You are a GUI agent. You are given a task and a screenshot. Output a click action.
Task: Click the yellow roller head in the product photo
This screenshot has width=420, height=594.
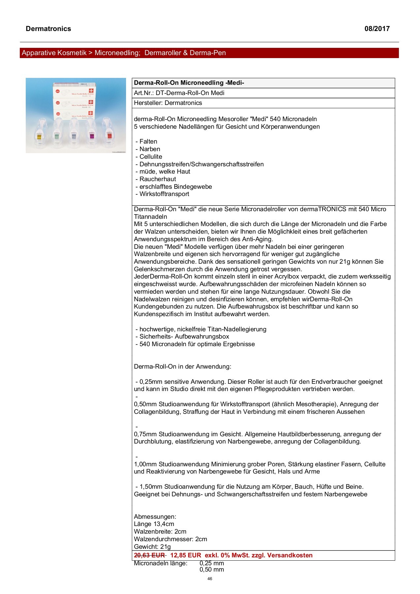[x=39, y=136]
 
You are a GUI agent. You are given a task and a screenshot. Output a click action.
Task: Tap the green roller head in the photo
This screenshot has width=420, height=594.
[x=56, y=136]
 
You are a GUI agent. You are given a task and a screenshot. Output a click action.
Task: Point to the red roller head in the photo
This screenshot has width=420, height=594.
[x=109, y=135]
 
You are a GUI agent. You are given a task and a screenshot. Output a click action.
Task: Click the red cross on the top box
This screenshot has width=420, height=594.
[x=91, y=90]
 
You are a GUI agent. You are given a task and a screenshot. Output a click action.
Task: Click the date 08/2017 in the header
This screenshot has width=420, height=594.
[x=377, y=29]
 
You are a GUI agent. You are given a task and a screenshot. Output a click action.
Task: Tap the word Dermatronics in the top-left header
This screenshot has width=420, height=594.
[x=48, y=29]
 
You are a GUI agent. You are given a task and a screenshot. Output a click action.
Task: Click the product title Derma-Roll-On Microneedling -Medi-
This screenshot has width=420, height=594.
[x=189, y=83]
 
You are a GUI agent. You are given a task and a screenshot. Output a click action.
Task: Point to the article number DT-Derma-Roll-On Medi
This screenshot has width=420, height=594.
[x=190, y=93]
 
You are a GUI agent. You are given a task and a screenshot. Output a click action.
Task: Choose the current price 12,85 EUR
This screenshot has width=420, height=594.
[x=185, y=555]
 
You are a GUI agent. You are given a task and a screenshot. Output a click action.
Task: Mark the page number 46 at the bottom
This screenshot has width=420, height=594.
[x=210, y=579]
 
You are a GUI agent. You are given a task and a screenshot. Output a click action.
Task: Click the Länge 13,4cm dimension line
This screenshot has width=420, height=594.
[x=154, y=524]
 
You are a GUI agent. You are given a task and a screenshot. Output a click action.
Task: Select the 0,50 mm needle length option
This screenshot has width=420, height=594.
[x=211, y=570]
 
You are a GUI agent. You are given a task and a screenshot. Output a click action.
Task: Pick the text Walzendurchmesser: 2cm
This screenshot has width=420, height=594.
[x=170, y=539]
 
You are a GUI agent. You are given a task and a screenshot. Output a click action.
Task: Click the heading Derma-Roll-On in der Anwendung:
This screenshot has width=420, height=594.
[x=182, y=367]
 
